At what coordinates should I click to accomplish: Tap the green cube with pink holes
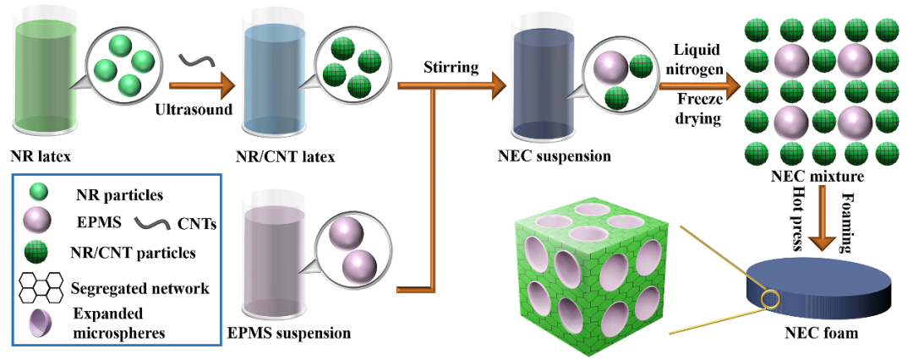point(593,270)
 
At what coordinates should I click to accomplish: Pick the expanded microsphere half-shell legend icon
point(38,320)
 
